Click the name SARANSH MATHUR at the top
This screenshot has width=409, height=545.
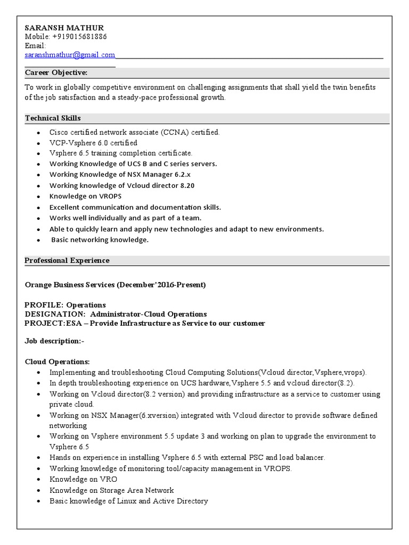pos(64,28)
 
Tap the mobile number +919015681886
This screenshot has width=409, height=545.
pos(79,37)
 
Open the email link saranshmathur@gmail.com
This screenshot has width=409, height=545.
pos(70,55)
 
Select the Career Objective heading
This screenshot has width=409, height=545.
pos(56,72)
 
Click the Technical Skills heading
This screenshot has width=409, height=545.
pos(53,118)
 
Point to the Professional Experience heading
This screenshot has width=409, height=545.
pos(67,260)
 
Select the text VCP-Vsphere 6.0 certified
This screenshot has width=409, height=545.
pos(93,143)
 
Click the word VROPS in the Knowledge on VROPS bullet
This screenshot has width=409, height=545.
pos(110,196)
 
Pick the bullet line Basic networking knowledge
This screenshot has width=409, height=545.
pos(100,240)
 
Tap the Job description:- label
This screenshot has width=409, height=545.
pos(54,341)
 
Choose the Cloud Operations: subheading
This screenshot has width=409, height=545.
pos(58,361)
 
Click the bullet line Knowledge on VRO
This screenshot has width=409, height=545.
pos(83,480)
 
